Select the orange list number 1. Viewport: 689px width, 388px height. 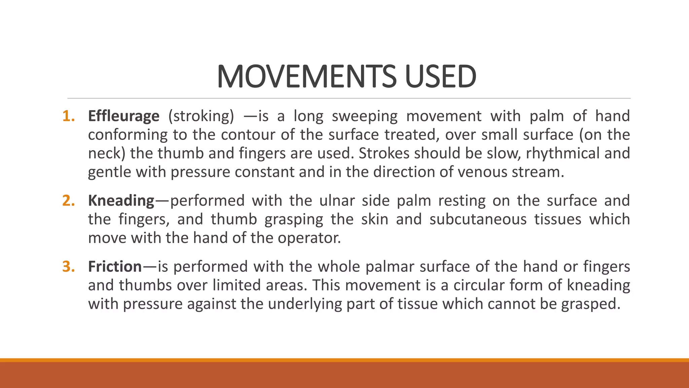tap(68, 116)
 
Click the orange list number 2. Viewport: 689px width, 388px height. tap(68, 201)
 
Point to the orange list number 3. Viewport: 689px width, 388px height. tap(68, 267)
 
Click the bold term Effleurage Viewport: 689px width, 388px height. tap(123, 116)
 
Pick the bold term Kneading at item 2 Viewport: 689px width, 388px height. tap(121, 201)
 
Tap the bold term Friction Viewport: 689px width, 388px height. tap(115, 267)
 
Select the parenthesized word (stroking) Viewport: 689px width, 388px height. tap(201, 116)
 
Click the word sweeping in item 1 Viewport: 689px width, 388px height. tap(365, 116)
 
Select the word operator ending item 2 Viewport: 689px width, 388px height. tap(309, 238)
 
